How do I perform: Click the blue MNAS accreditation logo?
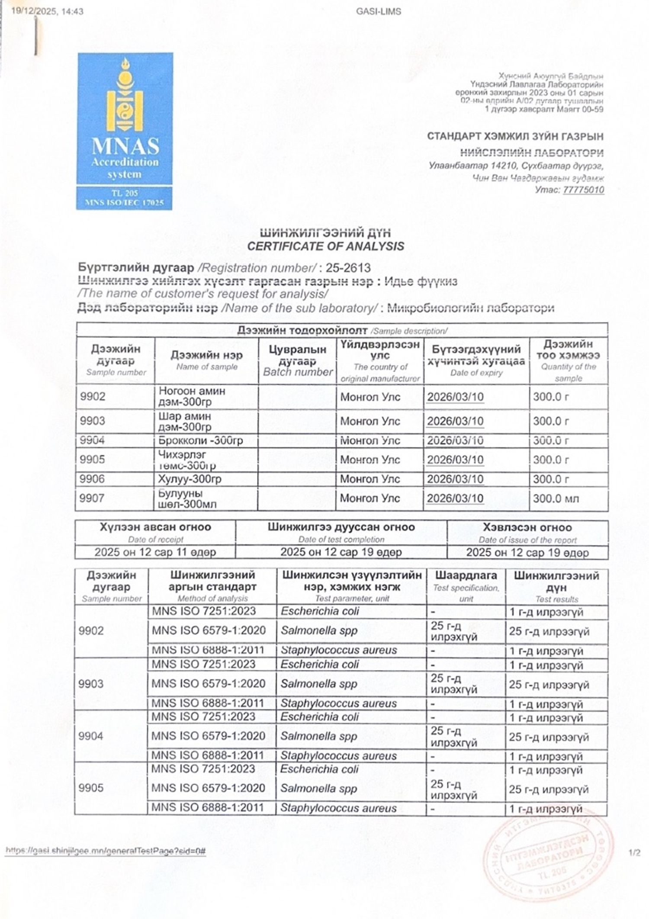coord(125,131)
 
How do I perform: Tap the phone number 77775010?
coord(583,190)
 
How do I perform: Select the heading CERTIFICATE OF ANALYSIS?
coord(325,246)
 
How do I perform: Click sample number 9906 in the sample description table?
coord(92,479)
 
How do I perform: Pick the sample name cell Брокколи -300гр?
coord(201,440)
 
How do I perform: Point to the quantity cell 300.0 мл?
coord(556,498)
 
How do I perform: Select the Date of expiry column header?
coord(476,361)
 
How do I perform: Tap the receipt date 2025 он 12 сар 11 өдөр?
coord(155,552)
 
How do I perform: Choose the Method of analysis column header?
coord(212,586)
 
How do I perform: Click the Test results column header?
coord(556,587)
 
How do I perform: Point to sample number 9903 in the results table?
coord(91,684)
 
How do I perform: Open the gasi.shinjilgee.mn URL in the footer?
coord(105,852)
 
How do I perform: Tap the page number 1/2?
coord(634,853)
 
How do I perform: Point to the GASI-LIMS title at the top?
coord(379,12)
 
